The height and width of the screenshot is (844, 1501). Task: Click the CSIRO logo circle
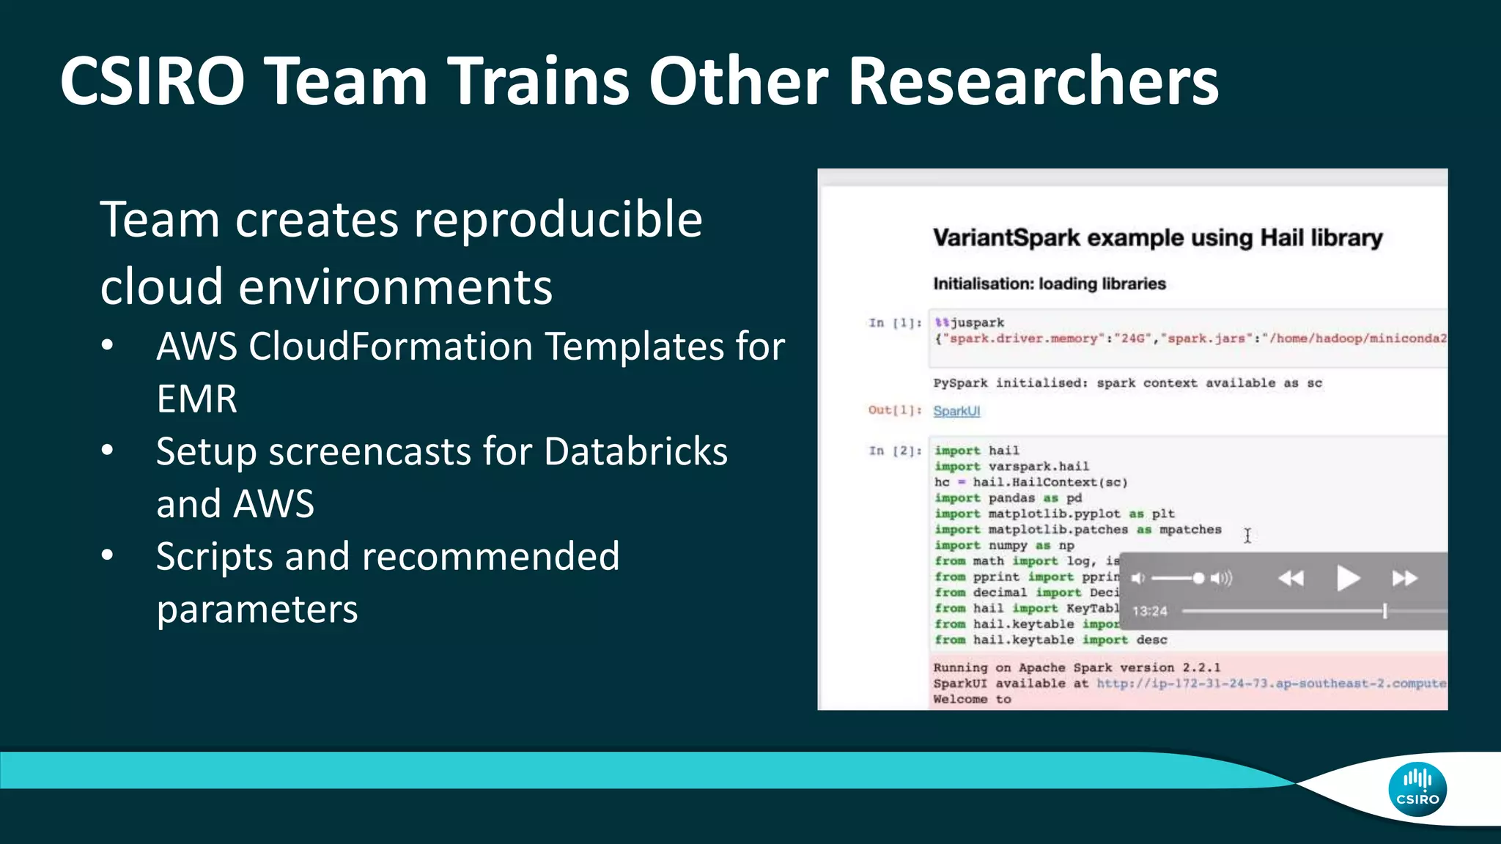click(1417, 790)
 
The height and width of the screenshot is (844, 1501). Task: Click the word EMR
click(196, 399)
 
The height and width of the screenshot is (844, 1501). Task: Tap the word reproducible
click(558, 219)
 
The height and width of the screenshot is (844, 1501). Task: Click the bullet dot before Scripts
click(108, 555)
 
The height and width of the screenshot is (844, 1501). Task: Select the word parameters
click(257, 610)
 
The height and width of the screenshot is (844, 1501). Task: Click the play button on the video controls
click(1347, 579)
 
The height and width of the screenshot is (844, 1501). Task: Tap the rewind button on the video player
click(1291, 579)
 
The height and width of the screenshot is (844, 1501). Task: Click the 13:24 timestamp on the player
click(1149, 611)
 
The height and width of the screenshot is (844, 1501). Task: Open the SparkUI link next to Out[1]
click(956, 411)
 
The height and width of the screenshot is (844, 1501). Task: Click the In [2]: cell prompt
click(894, 451)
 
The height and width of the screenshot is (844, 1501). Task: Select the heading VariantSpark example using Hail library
click(1157, 237)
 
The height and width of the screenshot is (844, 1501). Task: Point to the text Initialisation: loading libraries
click(1049, 284)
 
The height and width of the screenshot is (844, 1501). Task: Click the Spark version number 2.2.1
click(1201, 667)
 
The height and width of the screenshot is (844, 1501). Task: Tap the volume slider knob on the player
click(1198, 579)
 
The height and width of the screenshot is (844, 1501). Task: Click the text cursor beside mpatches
click(1247, 536)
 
